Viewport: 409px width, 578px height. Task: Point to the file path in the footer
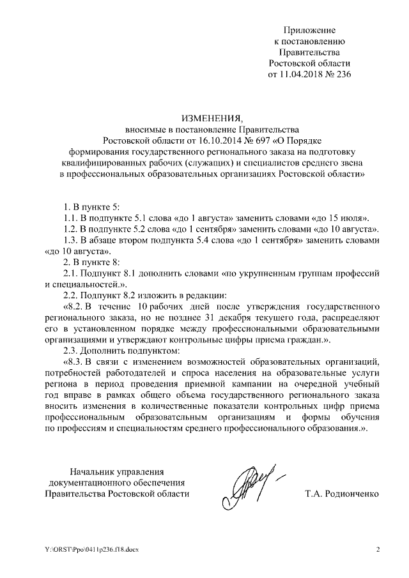(83, 549)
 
